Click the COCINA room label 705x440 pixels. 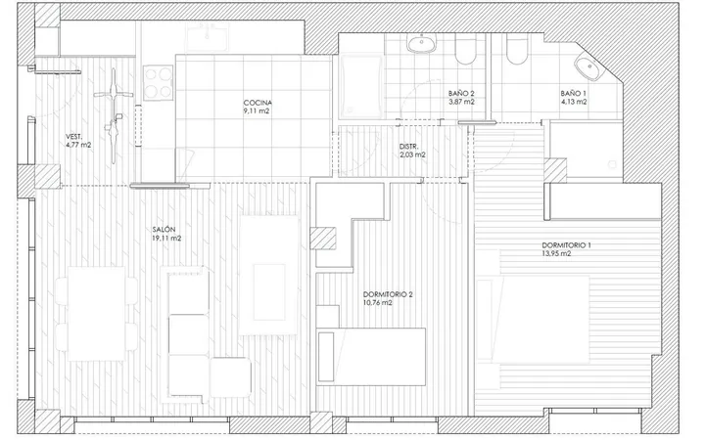pos(258,103)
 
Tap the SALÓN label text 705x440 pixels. pos(164,230)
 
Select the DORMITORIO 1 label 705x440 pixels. pos(567,245)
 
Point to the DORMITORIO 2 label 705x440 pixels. pos(388,294)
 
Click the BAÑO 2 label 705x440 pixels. pos(461,94)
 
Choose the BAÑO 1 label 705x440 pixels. pos(573,94)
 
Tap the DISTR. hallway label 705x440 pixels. pos(408,147)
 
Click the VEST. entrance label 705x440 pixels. pos(74,137)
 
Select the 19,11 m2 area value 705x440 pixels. pos(166,239)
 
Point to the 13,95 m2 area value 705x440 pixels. pos(556,253)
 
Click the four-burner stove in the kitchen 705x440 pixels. pos(159,83)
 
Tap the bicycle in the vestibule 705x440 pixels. pos(114,115)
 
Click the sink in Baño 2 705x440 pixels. pos(422,44)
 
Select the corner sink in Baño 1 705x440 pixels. pos(588,67)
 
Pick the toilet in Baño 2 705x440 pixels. pos(465,50)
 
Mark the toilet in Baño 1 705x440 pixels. pos(518,50)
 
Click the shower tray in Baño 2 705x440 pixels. pos(361,86)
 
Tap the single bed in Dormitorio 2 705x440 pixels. pos(371,357)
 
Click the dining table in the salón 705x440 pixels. pos(96,314)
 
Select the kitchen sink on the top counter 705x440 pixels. pos(208,36)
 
